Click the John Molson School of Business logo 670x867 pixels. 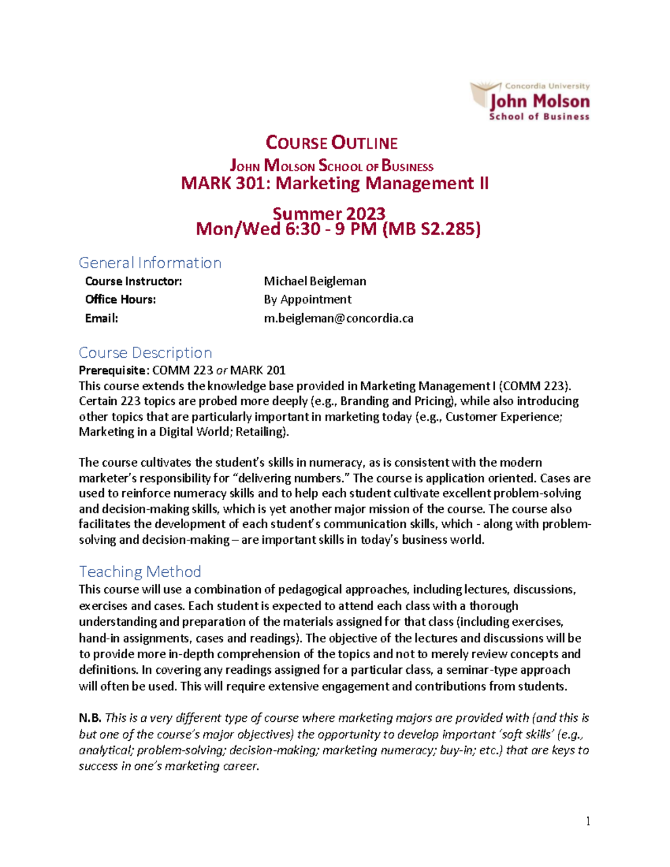(530, 101)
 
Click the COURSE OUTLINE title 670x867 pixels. (332, 143)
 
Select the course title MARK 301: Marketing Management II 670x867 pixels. (334, 183)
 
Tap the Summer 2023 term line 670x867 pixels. (329, 213)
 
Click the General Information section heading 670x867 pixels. (150, 262)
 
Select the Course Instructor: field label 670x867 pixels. (133, 281)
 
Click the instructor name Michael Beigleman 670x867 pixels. (315, 281)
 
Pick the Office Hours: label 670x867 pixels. (121, 300)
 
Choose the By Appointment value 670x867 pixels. (308, 300)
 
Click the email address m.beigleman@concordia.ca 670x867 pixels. (338, 319)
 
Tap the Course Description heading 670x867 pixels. (145, 353)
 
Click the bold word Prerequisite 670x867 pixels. (113, 370)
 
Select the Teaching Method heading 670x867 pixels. (140, 572)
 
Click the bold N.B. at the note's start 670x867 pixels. (90, 718)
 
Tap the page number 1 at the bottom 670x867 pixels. (587, 821)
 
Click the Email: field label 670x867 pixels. (102, 319)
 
